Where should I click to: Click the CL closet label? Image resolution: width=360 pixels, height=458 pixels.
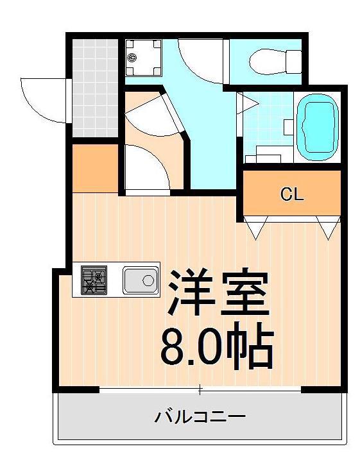point(291,194)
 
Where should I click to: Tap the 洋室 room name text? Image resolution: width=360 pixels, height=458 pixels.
point(219,293)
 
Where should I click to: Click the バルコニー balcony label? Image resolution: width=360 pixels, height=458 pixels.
point(200,416)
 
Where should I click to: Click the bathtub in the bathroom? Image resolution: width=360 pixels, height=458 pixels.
point(318,128)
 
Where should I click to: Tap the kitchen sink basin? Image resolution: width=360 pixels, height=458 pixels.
point(141,280)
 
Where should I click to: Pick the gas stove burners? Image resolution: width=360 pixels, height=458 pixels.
point(94,280)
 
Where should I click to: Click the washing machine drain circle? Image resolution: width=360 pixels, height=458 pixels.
point(132,58)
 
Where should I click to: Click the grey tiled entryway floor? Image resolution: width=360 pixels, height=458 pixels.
point(95,88)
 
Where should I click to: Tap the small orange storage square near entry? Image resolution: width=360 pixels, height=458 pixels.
point(95,168)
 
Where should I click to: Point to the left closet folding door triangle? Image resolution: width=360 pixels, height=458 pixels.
point(256,228)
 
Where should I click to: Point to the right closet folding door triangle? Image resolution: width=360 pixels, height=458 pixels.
point(329,228)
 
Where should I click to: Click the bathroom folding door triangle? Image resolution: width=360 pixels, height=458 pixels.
point(247,103)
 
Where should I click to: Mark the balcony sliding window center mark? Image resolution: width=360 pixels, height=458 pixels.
point(200,389)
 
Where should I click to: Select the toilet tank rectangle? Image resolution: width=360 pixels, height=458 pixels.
point(294,62)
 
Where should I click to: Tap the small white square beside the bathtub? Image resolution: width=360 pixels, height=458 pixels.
point(289,128)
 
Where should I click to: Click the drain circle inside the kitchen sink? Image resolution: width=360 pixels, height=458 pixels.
point(148,281)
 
